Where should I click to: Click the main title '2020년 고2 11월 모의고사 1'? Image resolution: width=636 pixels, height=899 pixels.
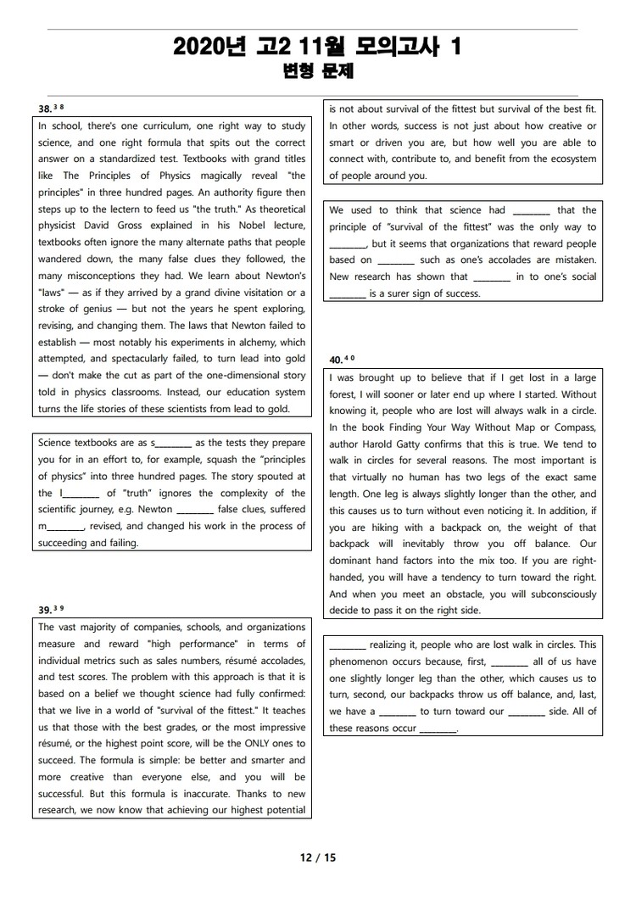pos(317,47)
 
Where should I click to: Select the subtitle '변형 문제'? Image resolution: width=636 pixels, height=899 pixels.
pos(317,72)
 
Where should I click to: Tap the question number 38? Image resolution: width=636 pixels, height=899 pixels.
pos(45,109)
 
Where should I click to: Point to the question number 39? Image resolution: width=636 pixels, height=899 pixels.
pos(45,610)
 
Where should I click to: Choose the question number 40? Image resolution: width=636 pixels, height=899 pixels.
pos(336,360)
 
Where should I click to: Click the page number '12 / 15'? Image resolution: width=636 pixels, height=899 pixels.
pos(318,857)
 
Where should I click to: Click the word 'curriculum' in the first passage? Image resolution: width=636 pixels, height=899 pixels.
pos(155,126)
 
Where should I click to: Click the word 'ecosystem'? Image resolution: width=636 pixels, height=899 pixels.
pos(568,159)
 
